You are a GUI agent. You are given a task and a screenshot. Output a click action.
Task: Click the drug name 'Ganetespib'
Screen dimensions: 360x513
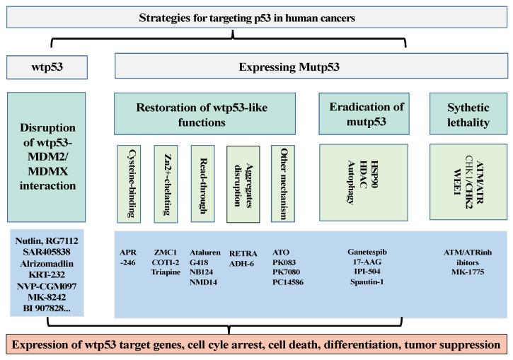367,251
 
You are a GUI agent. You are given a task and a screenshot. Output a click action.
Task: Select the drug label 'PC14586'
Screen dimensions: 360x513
289,281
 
